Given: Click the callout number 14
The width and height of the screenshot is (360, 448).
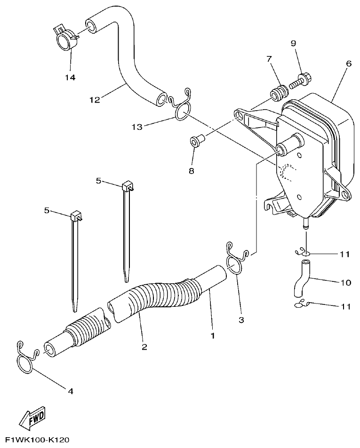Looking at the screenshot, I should [x=70, y=77].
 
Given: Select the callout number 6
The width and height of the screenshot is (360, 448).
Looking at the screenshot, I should [x=348, y=63].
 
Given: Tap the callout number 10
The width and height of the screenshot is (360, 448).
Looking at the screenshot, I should [x=345, y=283].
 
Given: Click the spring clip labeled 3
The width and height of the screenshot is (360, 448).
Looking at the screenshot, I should [x=235, y=259].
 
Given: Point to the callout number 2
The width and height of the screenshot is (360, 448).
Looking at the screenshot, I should [x=144, y=347].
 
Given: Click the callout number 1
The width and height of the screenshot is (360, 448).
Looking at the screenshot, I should [x=212, y=336].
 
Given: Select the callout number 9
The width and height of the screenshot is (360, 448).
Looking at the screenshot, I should [x=293, y=43].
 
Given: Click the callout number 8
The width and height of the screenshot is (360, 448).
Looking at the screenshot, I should [x=191, y=170].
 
